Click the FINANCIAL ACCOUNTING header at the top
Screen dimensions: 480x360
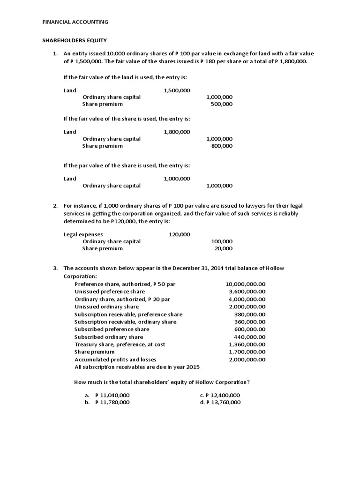pos(75,22)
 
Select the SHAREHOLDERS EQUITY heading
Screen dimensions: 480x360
pos(75,41)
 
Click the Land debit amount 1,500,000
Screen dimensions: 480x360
pos(177,90)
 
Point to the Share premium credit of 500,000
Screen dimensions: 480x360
pos(221,105)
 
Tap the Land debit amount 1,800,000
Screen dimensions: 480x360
pos(177,132)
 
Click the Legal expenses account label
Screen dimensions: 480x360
pos(83,234)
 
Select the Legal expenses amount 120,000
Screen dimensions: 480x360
pos(179,234)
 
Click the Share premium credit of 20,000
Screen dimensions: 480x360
pos(223,248)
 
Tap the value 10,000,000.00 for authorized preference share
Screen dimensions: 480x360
pos(245,284)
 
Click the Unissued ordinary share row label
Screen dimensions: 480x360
pos(106,307)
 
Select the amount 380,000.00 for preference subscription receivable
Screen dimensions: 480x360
pos(249,315)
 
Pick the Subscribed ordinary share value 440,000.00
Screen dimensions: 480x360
pos(249,337)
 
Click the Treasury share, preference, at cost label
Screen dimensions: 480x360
pos(120,345)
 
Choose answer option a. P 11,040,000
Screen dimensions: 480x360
pos(112,395)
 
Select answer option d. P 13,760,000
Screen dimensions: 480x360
pos(220,402)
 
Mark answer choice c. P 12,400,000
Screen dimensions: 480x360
pos(220,395)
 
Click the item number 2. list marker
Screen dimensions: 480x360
pos(55,206)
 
